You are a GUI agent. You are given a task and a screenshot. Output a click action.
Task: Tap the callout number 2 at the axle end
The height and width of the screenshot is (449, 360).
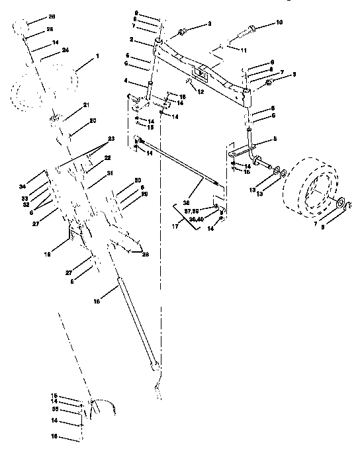coord(132,41)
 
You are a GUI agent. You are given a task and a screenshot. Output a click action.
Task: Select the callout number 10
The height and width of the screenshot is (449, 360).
coord(279,22)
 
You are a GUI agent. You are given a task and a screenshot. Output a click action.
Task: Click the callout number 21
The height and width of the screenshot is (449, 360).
coord(86,106)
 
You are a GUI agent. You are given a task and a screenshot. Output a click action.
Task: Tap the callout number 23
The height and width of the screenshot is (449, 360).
coord(111,138)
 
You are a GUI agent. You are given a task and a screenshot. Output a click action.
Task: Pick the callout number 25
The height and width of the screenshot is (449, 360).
coord(50,31)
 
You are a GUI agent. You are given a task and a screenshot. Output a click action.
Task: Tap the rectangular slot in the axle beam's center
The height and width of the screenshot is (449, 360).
coord(199,73)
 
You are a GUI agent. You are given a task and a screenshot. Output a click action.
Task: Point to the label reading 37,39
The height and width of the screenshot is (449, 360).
coord(192,212)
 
